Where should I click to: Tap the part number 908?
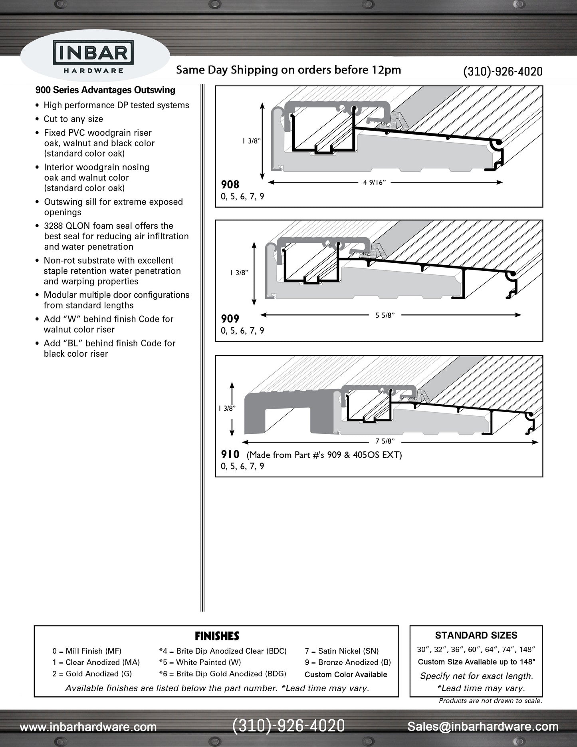point(230,185)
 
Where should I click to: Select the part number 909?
point(230,319)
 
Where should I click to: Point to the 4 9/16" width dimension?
point(375,183)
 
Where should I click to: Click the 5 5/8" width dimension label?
point(385,315)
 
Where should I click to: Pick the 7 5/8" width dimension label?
point(385,441)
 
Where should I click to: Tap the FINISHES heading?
point(217,636)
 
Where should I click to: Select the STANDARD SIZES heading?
point(476,635)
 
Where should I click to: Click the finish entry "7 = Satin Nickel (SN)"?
point(342,651)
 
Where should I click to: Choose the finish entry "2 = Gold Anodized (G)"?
point(92,673)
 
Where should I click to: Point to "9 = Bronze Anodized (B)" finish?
point(348,662)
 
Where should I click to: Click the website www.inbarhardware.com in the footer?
point(88,727)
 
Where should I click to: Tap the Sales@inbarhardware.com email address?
point(483,727)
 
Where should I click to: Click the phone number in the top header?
point(503,72)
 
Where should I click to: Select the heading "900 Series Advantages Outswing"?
point(105,90)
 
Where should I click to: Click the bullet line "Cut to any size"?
point(73,119)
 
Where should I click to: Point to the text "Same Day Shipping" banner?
point(288,70)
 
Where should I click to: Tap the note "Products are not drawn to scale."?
point(490,701)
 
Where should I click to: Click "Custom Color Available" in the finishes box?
point(346,675)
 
